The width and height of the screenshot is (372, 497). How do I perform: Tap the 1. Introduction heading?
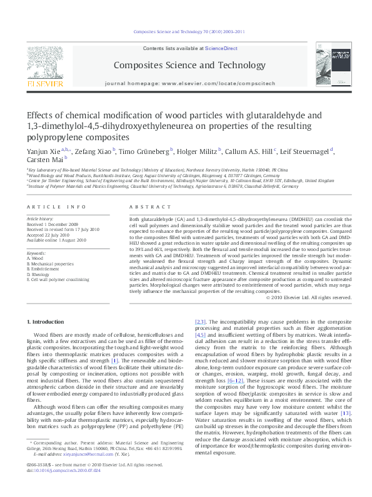coord(48,321)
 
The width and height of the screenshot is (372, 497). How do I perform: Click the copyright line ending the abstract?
coord(309,298)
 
